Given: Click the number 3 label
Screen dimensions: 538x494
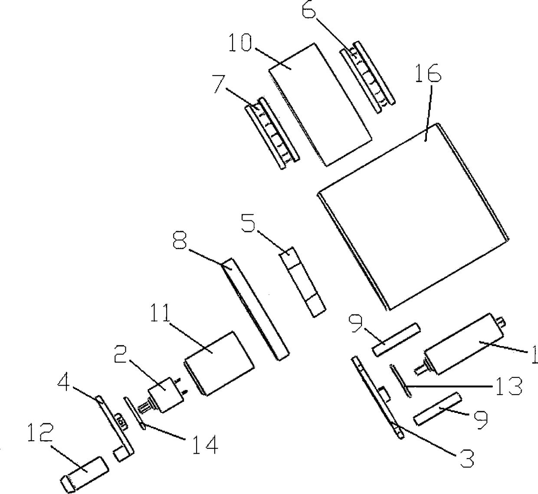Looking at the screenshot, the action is coord(466,459).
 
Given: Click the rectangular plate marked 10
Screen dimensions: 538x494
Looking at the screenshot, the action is coord(320,104).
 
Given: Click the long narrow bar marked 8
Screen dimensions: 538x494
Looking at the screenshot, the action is coord(256,308).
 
